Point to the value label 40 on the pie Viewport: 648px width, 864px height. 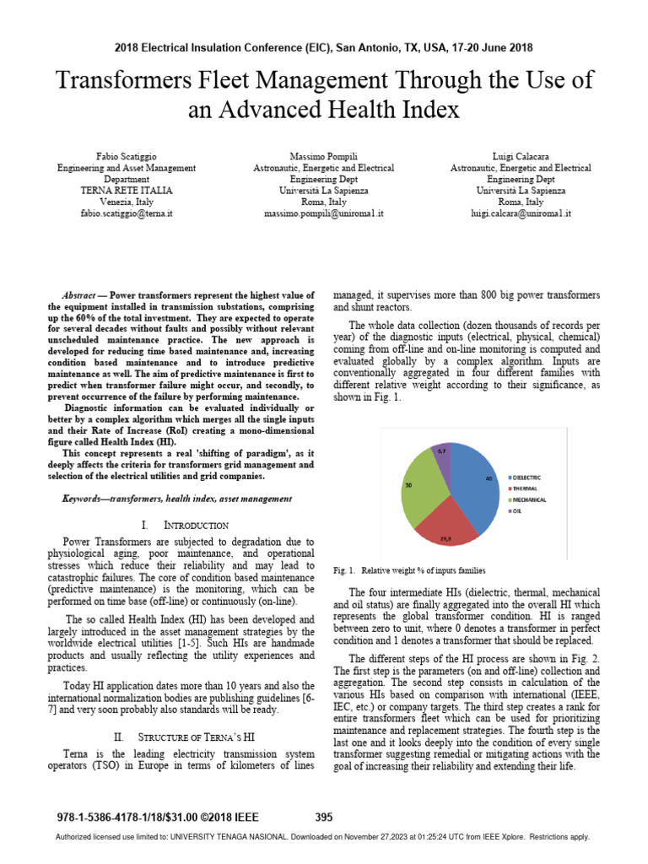489,478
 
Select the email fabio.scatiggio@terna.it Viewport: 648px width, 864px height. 127,213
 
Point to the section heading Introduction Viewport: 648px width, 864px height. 195,526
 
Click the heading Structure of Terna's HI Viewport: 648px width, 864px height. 195,737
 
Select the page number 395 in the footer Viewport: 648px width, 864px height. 324,817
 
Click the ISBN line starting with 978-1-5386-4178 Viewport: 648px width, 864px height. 156,817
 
